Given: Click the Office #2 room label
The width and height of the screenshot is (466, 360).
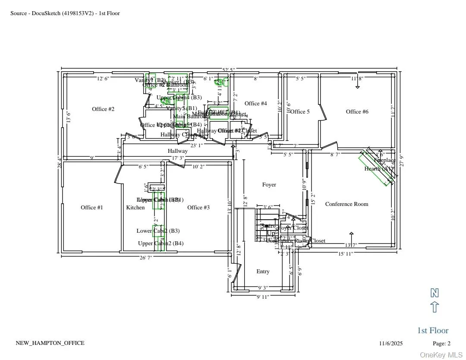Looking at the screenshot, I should pyautogui.click(x=103, y=109).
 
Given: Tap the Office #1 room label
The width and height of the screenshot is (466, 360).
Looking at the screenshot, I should pyautogui.click(x=92, y=208).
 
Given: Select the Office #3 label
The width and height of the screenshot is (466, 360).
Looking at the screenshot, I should pyautogui.click(x=198, y=208).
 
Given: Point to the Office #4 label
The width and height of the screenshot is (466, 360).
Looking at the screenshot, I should pyautogui.click(x=256, y=104).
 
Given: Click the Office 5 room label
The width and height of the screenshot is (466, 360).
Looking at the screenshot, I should pyautogui.click(x=300, y=112).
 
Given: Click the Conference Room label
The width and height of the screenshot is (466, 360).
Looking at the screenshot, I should pyautogui.click(x=346, y=204).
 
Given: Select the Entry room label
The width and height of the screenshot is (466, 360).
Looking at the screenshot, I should pyautogui.click(x=263, y=272).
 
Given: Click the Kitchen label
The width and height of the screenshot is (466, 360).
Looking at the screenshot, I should pyautogui.click(x=135, y=208).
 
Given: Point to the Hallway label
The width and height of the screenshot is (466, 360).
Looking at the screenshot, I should pyautogui.click(x=178, y=151).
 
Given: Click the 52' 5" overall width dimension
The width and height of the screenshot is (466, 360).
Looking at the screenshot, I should pyautogui.click(x=229, y=70).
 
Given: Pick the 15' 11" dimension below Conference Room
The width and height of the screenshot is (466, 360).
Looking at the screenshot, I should pyautogui.click(x=345, y=254).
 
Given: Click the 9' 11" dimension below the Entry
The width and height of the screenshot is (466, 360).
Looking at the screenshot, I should pyautogui.click(x=263, y=297).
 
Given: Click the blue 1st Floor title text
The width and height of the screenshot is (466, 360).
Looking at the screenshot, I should pyautogui.click(x=433, y=331).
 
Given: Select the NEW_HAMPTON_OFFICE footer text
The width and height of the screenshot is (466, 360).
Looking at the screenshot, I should pyautogui.click(x=50, y=343).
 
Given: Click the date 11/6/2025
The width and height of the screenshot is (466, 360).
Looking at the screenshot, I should pyautogui.click(x=391, y=344).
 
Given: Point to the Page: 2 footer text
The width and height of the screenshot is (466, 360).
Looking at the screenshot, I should pyautogui.click(x=441, y=344).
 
